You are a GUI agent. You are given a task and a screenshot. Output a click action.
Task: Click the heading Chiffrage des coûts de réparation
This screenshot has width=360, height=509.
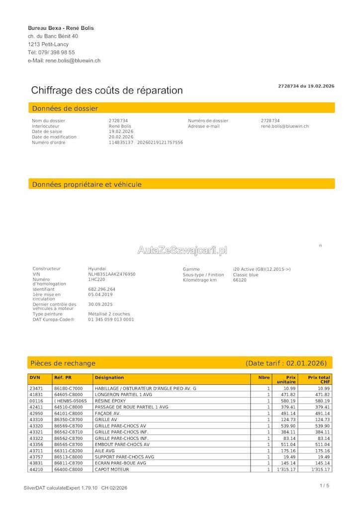(107, 90)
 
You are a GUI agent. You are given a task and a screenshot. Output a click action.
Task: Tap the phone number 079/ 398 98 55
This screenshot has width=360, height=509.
(57, 52)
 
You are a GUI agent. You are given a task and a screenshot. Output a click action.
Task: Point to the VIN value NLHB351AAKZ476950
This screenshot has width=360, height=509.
(112, 274)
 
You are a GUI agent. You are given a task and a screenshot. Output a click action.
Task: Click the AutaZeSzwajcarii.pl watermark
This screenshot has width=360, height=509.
(182, 250)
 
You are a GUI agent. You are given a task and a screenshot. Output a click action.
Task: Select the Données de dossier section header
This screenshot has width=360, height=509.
(65, 108)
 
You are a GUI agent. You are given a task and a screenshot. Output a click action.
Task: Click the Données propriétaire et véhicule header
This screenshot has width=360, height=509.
(87, 184)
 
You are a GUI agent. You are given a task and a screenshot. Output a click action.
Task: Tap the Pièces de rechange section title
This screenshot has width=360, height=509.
(63, 363)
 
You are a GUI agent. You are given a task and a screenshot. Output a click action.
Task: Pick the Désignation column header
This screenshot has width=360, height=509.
(109, 378)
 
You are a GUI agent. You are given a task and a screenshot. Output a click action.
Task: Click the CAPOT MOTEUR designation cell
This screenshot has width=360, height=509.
(112, 469)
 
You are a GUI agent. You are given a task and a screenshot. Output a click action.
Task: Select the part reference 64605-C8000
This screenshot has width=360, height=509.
(69, 394)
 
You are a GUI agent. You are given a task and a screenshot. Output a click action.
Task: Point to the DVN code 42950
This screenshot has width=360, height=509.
(37, 413)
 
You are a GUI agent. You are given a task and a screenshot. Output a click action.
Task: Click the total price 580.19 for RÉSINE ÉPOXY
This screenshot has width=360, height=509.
(322, 401)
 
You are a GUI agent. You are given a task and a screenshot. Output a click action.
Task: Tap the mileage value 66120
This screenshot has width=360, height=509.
(240, 280)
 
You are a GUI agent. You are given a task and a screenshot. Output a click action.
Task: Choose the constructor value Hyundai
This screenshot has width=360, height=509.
(97, 269)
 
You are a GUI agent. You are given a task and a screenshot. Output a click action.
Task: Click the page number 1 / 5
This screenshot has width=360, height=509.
(324, 486)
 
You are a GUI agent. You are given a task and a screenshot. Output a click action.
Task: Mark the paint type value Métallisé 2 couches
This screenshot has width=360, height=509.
(109, 314)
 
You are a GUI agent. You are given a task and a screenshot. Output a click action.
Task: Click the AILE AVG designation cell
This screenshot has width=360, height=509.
(105, 451)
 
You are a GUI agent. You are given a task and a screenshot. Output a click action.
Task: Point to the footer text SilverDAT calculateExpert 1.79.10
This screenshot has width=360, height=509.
(61, 488)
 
